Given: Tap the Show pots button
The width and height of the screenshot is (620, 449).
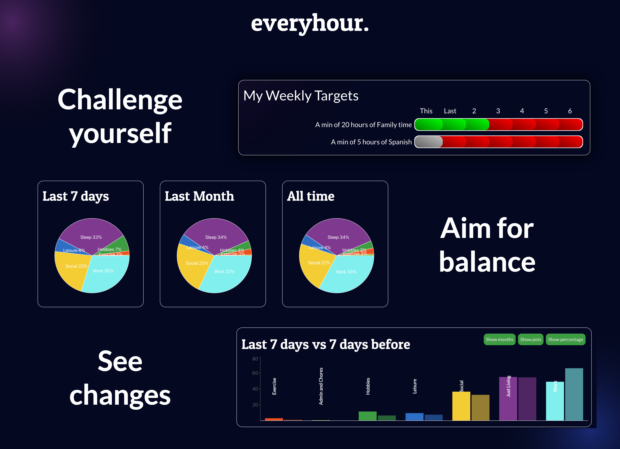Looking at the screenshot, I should click(530, 339).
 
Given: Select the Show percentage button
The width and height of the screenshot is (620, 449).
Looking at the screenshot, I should click(565, 339).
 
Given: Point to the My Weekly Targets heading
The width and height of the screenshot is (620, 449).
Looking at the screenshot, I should click(301, 96).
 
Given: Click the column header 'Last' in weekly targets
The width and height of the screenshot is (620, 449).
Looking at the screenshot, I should click(450, 111).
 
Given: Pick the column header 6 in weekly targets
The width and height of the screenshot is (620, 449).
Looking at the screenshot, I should click(570, 111).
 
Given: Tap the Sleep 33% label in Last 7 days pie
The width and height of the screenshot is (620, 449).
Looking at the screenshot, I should click(91, 237).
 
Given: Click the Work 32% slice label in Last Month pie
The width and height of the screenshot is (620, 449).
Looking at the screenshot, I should click(224, 272).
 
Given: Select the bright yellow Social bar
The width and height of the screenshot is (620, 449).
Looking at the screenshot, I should click(461, 407).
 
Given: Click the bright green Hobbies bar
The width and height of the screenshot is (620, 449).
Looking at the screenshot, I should click(367, 416).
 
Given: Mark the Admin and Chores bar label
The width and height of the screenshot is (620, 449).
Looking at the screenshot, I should click(321, 386).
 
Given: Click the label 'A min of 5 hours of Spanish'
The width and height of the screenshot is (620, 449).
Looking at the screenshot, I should click(371, 142).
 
